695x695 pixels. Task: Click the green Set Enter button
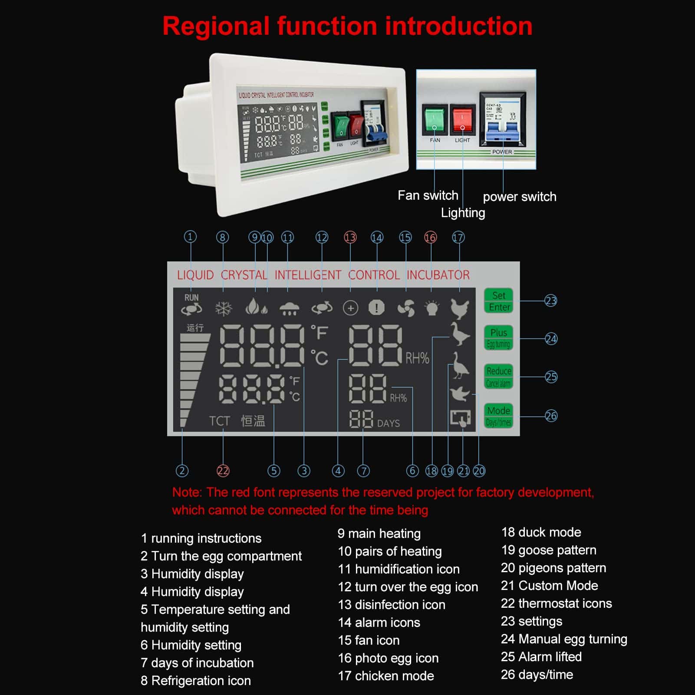(498, 301)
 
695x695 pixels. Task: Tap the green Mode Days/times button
(498, 416)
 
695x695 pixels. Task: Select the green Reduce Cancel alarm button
(498, 377)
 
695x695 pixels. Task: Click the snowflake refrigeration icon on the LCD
(224, 309)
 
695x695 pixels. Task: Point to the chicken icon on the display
(460, 309)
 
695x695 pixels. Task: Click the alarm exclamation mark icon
(376, 308)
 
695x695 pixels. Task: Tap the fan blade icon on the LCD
(406, 308)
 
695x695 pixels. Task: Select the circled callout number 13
(350, 237)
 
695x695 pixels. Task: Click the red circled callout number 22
(223, 471)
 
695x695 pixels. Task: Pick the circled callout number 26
(551, 416)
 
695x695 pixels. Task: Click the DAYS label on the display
(388, 423)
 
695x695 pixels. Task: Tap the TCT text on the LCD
(219, 421)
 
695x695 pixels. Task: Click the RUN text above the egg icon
(191, 298)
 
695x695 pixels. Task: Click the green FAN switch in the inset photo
(435, 119)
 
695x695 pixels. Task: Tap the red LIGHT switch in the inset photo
(462, 119)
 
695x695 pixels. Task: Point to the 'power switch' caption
(519, 197)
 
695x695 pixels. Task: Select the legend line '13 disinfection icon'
(391, 605)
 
